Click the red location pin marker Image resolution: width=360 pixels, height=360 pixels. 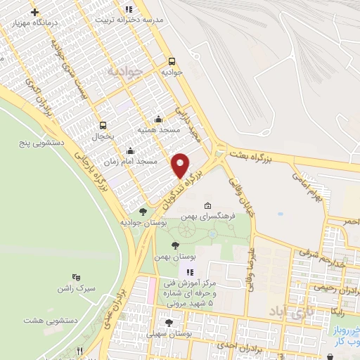click(x=181, y=165)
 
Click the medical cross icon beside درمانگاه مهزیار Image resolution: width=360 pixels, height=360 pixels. click(x=35, y=12)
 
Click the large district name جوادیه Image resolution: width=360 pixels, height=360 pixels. click(x=125, y=71)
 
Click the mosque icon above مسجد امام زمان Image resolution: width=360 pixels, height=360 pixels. click(x=130, y=150)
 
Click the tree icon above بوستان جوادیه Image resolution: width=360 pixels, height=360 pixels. click(x=143, y=211)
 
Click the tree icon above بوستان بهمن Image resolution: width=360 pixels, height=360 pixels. click(x=174, y=245)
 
